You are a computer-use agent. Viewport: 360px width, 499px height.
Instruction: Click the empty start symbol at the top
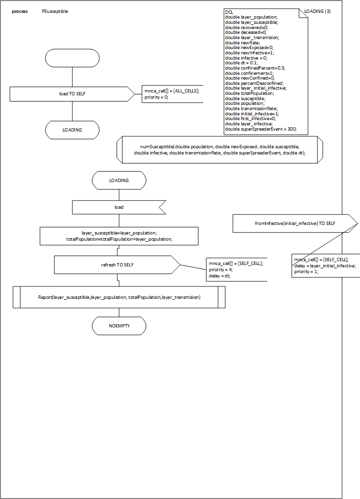coord(72,58)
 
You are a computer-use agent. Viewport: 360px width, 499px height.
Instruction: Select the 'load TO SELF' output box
coord(72,94)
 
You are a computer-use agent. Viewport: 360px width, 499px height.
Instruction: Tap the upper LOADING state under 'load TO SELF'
coord(72,130)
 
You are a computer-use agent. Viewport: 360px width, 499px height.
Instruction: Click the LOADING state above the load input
coord(119,181)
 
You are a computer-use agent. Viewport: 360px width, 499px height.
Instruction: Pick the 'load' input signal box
coord(119,207)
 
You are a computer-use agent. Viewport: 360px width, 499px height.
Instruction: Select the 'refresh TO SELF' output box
coord(117,265)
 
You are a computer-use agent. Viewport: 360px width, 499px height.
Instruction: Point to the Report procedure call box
coord(119,297)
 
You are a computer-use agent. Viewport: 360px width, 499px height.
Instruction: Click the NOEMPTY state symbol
coord(119,326)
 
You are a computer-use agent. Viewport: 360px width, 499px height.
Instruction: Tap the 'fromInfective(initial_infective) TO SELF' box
coord(295,223)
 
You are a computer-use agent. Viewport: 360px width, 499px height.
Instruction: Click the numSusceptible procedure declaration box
coord(220,150)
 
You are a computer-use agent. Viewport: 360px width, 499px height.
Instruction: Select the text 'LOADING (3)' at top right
coord(318,11)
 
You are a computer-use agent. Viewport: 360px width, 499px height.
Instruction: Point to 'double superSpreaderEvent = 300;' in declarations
coord(260,129)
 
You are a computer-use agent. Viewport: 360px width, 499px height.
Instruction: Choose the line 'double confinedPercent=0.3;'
coord(255,68)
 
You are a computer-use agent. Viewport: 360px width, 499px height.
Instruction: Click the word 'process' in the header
coord(20,11)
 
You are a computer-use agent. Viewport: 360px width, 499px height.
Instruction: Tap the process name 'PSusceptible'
coord(55,11)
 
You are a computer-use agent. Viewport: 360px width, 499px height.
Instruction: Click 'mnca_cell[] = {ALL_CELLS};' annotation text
coord(172,91)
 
